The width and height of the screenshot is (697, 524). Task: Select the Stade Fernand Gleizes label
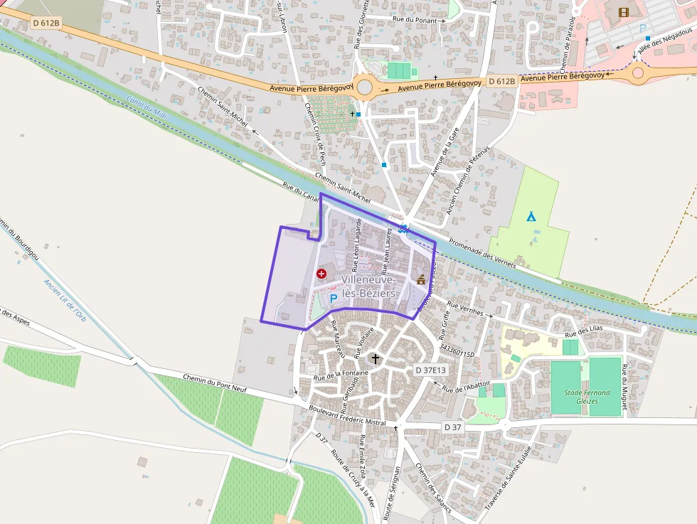[587, 397]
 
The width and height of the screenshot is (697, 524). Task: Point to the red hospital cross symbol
[321, 273]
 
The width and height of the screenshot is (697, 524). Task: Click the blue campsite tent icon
[531, 216]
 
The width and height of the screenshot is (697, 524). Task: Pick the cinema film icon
[624, 12]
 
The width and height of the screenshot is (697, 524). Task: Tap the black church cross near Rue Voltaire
[375, 360]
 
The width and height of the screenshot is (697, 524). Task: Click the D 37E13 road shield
[431, 370]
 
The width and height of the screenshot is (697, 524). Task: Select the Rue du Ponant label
[417, 20]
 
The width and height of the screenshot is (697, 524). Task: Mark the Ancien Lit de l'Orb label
[64, 299]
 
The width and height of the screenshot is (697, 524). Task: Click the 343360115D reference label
[457, 351]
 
